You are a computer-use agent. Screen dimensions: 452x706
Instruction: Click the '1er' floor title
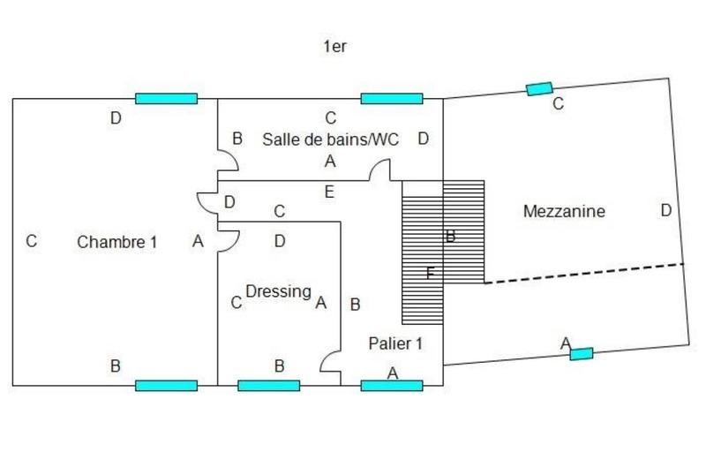pyautogui.click(x=334, y=47)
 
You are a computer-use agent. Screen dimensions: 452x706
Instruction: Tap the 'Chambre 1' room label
pyautogui.click(x=116, y=240)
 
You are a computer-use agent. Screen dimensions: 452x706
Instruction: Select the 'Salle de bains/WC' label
pyautogui.click(x=331, y=139)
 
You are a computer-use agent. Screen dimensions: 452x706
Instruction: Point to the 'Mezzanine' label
pyautogui.click(x=563, y=212)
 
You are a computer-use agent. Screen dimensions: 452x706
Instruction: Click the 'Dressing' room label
pyautogui.click(x=278, y=290)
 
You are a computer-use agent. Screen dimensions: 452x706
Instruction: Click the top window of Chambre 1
pyautogui.click(x=166, y=99)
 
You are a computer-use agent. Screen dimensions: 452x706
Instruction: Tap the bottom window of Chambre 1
pyautogui.click(x=166, y=385)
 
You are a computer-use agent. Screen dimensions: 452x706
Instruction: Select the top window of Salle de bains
pyautogui.click(x=392, y=99)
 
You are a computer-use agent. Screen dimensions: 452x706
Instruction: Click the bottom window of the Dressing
pyautogui.click(x=269, y=385)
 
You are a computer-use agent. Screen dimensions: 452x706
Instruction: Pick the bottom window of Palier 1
pyautogui.click(x=392, y=385)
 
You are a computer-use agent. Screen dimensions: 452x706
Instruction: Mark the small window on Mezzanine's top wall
pyautogui.click(x=538, y=88)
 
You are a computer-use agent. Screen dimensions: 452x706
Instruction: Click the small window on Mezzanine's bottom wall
pyautogui.click(x=581, y=354)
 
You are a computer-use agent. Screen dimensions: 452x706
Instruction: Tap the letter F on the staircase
pyautogui.click(x=430, y=273)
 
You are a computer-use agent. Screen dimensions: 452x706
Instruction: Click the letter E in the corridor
pyautogui.click(x=329, y=191)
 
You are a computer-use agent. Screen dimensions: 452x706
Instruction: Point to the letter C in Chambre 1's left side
pyautogui.click(x=31, y=240)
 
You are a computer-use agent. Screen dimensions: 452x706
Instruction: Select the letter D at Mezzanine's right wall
pyautogui.click(x=666, y=210)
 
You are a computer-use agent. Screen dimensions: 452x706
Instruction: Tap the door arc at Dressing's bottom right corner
pyautogui.click(x=330, y=363)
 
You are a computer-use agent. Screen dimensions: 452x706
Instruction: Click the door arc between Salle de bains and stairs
pyautogui.click(x=381, y=169)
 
